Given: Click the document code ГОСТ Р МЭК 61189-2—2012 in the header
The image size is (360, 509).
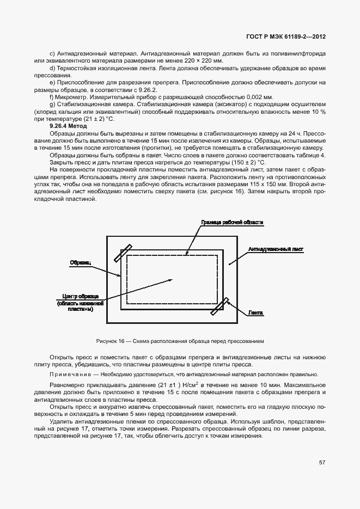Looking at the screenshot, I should [286, 37].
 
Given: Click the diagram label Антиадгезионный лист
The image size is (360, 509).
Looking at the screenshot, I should [275, 249].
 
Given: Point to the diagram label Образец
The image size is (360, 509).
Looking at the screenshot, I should [80, 262].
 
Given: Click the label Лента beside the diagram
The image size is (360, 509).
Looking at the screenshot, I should [256, 314].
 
